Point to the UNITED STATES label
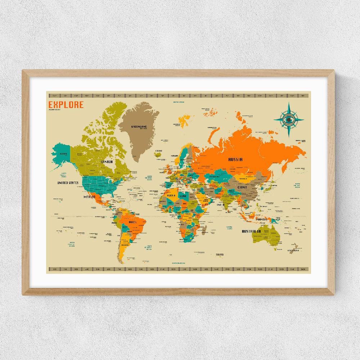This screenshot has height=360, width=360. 68,183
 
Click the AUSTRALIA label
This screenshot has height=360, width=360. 251,231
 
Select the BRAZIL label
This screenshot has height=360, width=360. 132,222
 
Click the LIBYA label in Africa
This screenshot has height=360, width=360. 184,196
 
